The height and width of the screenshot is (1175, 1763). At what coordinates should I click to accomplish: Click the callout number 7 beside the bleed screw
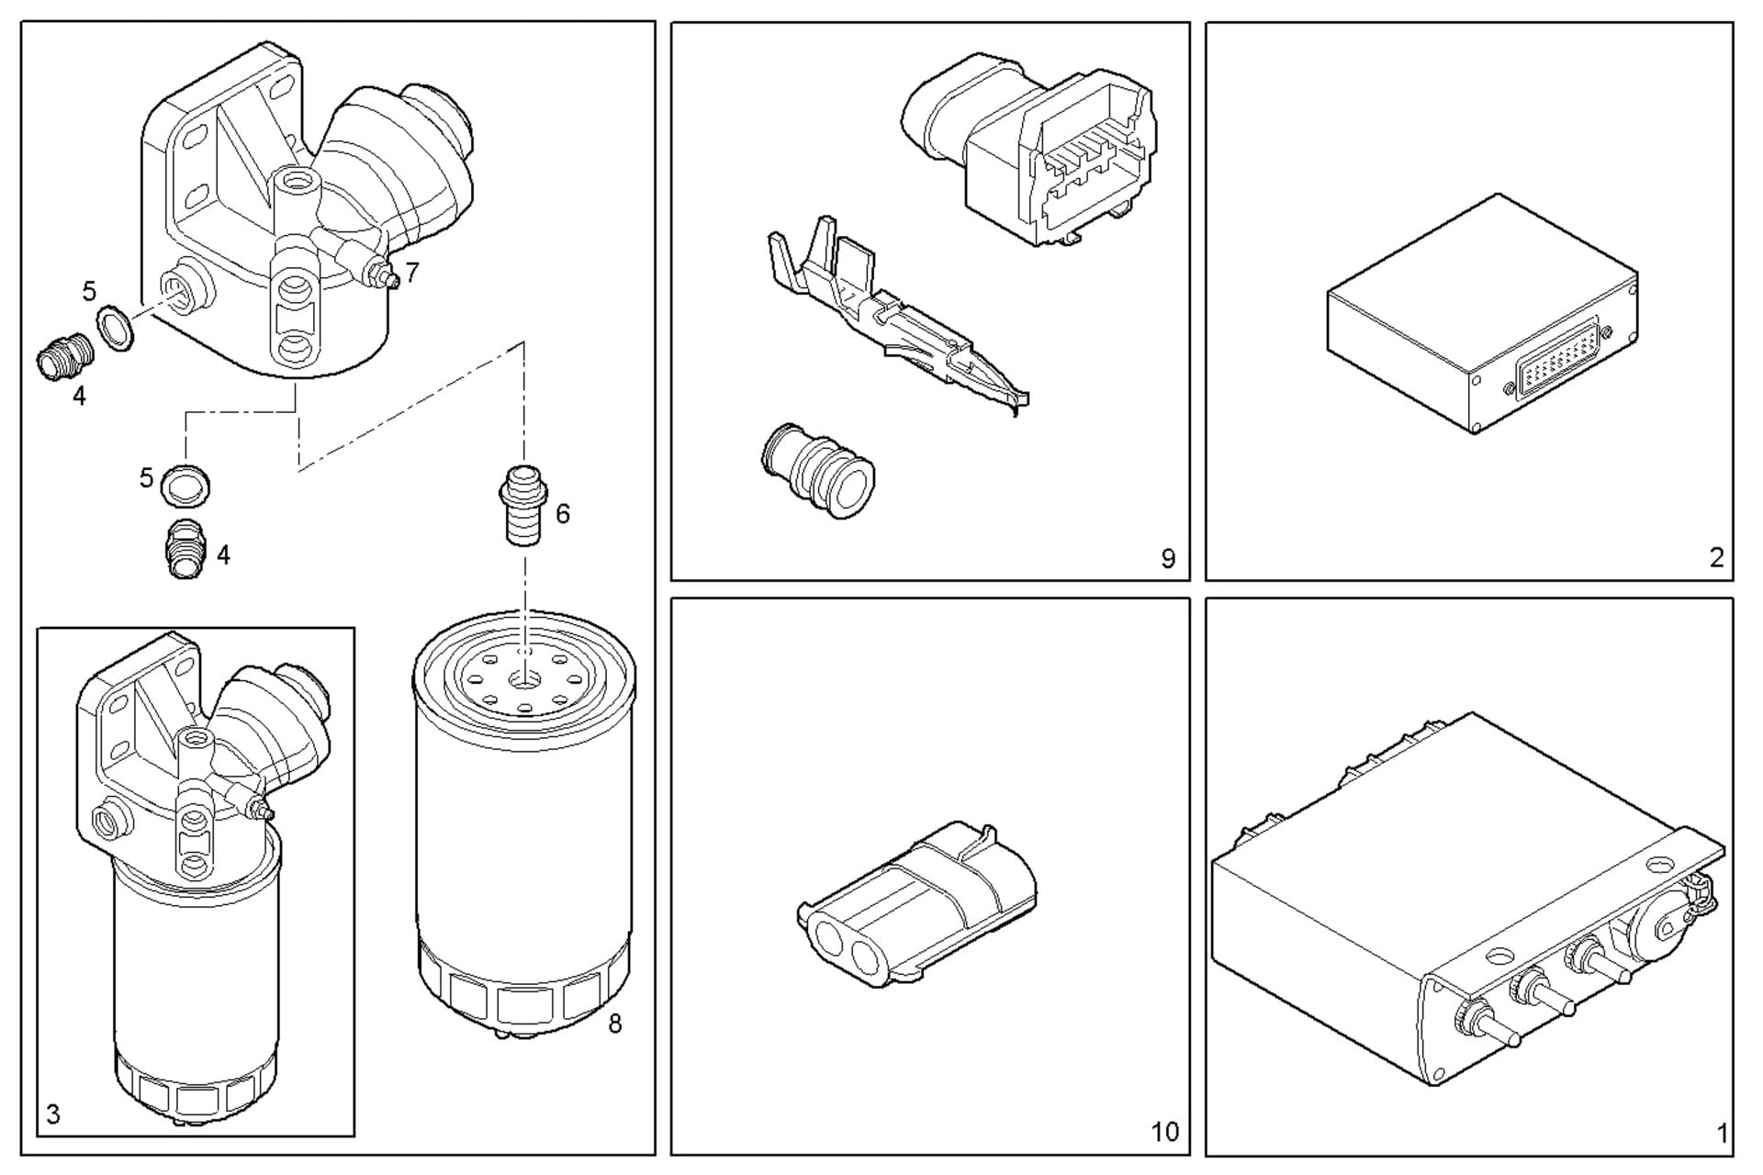pos(412,272)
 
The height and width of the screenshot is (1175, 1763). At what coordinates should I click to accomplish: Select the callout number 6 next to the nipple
pos(562,513)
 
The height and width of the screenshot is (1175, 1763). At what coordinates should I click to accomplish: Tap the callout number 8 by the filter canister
pos(614,1023)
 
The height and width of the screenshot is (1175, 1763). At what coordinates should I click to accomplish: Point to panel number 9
pos(1167,558)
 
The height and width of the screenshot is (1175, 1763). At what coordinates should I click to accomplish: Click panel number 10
pos(1164,1132)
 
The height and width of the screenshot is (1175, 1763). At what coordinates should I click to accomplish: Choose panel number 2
pos(1716,557)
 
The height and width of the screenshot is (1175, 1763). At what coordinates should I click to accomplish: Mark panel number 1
pos(1722,1133)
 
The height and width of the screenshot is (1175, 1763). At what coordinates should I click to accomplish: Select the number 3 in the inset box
pos(53,1114)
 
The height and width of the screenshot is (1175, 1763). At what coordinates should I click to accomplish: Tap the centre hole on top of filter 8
pos(524,680)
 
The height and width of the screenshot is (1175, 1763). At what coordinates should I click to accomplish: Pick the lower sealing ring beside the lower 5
pos(186,485)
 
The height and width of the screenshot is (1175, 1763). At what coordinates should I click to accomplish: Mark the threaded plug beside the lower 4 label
pos(185,550)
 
